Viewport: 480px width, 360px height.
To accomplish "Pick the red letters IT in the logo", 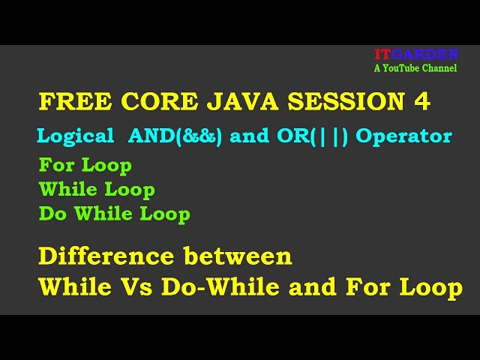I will click(382, 55).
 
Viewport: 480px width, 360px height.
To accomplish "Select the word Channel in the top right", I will click(440, 68).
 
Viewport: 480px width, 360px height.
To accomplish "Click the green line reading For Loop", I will click(85, 165).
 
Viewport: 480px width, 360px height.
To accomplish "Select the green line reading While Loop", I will click(97, 190).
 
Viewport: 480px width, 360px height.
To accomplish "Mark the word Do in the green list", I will click(52, 214).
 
